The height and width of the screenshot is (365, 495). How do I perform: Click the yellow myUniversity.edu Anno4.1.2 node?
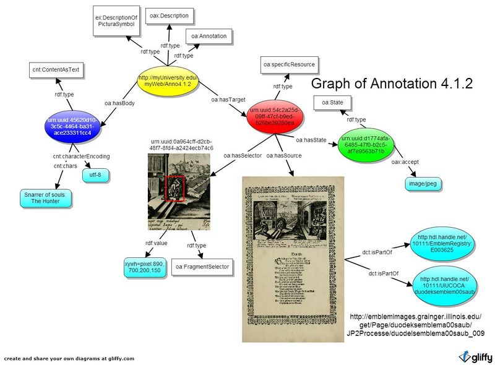pos(166,82)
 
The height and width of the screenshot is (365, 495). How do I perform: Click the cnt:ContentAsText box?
pos(56,70)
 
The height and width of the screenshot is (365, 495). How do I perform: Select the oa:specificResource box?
pos(289,64)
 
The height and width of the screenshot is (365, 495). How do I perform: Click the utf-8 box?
pos(95,175)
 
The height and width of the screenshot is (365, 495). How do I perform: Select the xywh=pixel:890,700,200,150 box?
pos(144,268)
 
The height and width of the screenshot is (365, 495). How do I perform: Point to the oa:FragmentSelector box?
pos(202,267)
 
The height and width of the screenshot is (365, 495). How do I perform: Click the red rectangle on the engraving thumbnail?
pos(175,188)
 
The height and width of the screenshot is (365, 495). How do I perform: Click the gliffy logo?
pos(475,356)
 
